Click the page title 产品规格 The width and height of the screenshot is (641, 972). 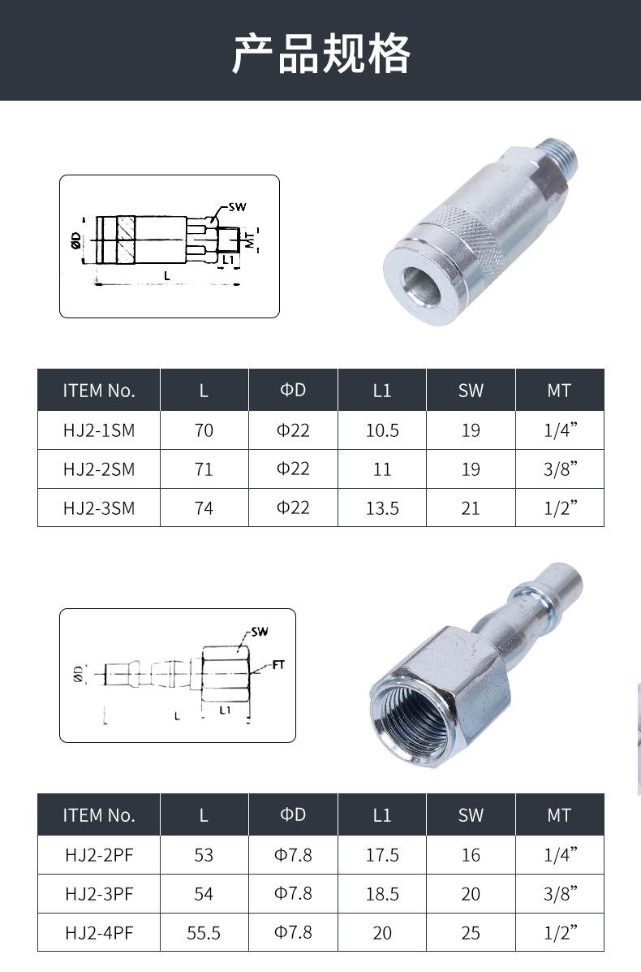320,54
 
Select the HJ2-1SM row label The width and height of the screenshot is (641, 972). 98,430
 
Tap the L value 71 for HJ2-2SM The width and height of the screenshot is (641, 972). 204,469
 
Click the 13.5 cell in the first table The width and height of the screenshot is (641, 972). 382,508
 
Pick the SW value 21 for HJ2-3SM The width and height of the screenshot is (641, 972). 471,508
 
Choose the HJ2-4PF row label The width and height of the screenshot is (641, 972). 99,933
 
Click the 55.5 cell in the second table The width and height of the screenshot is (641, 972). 204,933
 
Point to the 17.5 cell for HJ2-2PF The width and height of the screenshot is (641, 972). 382,855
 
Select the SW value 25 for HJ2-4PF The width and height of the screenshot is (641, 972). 471,933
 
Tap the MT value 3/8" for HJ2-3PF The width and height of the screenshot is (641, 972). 560,894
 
